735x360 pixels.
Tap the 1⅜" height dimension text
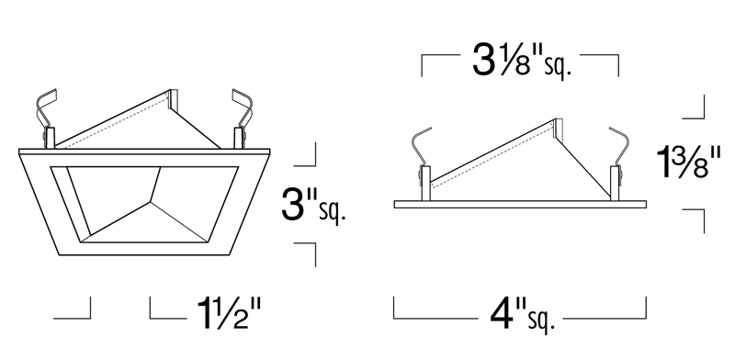(x=687, y=163)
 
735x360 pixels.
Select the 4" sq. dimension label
(x=522, y=317)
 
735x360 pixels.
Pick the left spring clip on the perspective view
(x=47, y=118)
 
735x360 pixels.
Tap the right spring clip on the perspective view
(x=243, y=118)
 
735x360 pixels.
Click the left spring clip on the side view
(x=422, y=163)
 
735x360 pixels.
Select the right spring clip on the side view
(x=616, y=163)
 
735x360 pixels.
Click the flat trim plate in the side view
(x=520, y=205)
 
